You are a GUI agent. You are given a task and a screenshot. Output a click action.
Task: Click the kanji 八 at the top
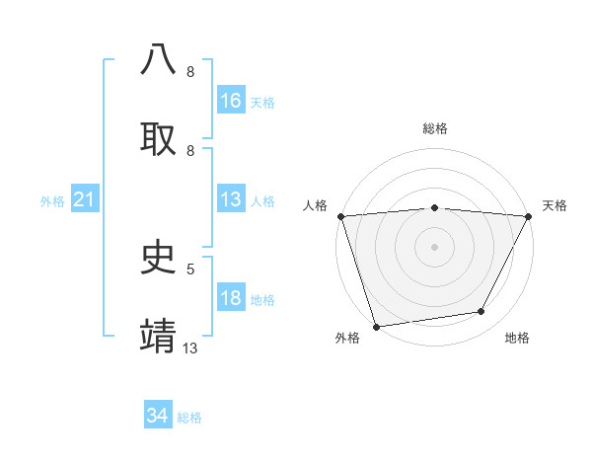click(x=159, y=60)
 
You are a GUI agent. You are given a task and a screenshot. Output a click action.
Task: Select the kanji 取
click(x=159, y=138)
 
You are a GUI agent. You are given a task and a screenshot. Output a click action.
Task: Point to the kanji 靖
click(x=159, y=335)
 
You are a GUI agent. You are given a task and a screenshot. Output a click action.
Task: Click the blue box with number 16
click(x=231, y=101)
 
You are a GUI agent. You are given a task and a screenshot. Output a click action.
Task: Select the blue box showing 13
click(x=231, y=199)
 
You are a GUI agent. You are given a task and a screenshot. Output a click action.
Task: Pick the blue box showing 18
click(x=231, y=299)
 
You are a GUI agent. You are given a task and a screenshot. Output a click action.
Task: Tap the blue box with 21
click(x=85, y=200)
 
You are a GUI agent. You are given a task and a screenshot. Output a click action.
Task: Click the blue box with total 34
click(x=158, y=416)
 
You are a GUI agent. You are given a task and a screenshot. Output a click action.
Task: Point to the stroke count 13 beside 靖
click(x=190, y=348)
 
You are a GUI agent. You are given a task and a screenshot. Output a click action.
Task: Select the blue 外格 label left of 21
click(x=52, y=201)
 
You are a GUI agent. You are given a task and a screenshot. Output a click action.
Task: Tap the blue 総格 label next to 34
click(x=189, y=418)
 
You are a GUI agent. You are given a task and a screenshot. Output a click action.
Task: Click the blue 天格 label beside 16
click(x=261, y=102)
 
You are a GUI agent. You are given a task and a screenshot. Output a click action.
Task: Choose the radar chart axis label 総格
click(x=434, y=128)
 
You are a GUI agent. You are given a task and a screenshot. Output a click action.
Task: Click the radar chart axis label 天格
click(x=555, y=205)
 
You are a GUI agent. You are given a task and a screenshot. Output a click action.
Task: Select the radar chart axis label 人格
click(x=315, y=205)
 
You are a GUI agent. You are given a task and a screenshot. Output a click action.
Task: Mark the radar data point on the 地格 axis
click(x=481, y=312)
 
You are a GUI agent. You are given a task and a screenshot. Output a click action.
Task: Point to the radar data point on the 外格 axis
click(x=376, y=326)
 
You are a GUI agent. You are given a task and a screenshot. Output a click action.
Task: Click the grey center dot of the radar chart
click(x=434, y=246)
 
